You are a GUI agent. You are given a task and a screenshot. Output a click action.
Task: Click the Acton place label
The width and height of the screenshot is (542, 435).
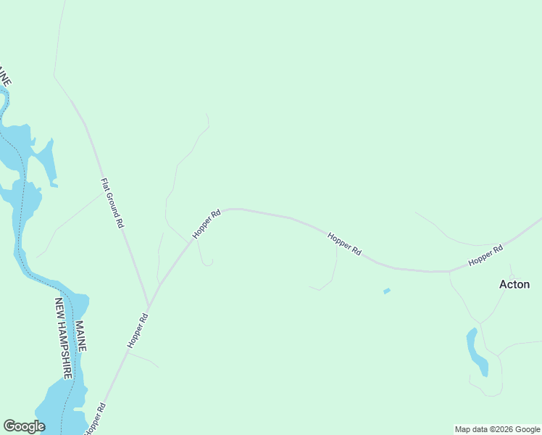coord(514,284)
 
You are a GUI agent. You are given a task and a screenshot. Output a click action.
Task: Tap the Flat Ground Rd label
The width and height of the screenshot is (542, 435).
coord(112,204)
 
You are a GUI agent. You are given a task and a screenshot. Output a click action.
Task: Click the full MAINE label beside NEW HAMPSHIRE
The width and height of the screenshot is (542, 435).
coord(80,336)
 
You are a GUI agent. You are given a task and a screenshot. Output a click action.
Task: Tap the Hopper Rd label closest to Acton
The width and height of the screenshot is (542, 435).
coord(485,255)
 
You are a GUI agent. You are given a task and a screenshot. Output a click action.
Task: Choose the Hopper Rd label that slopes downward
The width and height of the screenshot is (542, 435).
coord(344,243)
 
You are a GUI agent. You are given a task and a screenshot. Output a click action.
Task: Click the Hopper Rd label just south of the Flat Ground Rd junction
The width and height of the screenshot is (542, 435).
coord(138,331)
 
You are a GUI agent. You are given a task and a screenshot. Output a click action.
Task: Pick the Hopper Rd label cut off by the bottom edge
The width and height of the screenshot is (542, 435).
coord(95,419)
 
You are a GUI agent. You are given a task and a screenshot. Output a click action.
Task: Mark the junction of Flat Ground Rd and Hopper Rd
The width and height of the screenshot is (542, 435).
coord(149,305)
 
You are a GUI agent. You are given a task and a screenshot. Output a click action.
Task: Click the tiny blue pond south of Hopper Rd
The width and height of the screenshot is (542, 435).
coord(386,291)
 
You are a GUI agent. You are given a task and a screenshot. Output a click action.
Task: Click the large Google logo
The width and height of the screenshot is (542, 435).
coord(24,426)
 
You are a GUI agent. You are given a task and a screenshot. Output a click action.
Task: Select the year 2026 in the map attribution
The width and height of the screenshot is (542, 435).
coord(502,429)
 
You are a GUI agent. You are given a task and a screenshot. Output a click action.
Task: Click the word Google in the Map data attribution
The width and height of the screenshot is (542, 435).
coord(527,429)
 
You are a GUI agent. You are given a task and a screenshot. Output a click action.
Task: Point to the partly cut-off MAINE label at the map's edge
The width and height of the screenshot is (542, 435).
coord(5,75)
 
